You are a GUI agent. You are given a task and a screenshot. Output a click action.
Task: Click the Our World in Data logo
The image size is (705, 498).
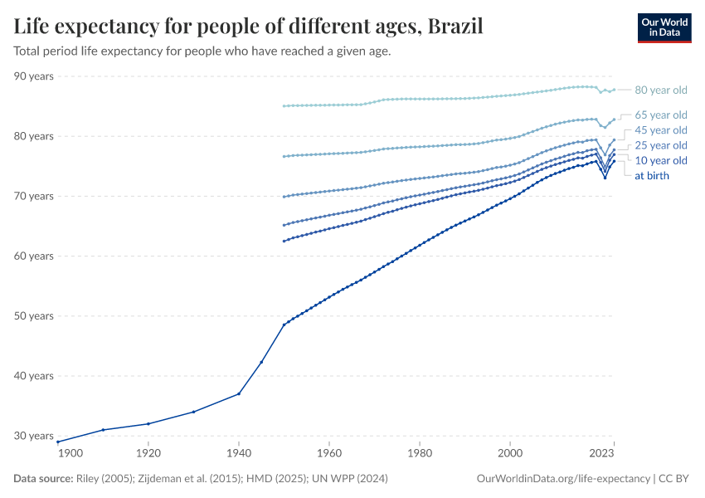tap(664, 27)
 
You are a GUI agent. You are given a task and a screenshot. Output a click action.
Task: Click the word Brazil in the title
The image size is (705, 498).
tap(455, 27)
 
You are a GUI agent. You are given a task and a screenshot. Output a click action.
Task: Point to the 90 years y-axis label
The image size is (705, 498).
tap(34, 76)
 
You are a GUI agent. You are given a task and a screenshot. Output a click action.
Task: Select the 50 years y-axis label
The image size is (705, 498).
tap(34, 316)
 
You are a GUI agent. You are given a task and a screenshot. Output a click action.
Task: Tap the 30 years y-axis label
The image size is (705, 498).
tap(34, 436)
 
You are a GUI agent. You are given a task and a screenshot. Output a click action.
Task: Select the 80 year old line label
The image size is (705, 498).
tap(660, 90)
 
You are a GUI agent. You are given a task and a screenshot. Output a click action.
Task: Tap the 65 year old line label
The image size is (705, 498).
tap(660, 115)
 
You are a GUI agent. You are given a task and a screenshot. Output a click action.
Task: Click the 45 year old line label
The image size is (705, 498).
tap(660, 130)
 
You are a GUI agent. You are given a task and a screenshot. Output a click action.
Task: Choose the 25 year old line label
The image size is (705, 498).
tap(660, 146)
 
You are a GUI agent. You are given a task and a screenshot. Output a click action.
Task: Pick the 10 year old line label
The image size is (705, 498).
tap(660, 160)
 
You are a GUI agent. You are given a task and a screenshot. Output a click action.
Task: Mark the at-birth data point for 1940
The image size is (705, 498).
tap(239, 393)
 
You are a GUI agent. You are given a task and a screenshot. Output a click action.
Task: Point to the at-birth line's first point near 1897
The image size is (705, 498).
tap(57, 442)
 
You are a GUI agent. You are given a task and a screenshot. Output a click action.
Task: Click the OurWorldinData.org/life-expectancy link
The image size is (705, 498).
tap(564, 479)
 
